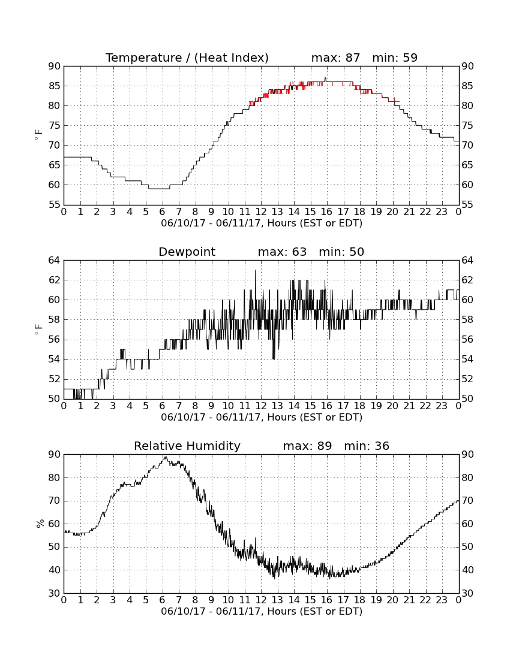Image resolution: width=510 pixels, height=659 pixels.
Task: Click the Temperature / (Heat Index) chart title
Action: coord(187,58)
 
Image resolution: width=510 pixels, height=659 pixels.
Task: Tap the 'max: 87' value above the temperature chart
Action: coord(336,58)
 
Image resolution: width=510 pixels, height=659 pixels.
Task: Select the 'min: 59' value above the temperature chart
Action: coord(395,58)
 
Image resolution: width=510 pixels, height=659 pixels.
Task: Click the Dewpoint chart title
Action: coord(187,252)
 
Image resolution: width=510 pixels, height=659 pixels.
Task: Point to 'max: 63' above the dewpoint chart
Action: coord(283,252)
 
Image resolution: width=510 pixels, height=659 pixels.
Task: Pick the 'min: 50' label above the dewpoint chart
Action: coord(341,252)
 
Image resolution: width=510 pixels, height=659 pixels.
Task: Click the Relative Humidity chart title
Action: coord(187,446)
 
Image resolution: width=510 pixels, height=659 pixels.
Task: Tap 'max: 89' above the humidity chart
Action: coord(308,446)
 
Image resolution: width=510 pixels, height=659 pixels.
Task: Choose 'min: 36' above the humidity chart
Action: coord(367,446)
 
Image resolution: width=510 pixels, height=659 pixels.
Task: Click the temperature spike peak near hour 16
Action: coord(325,78)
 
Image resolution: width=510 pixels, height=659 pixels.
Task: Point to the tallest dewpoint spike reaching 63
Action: coord(255,271)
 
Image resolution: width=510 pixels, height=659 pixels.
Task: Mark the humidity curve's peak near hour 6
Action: coord(166,457)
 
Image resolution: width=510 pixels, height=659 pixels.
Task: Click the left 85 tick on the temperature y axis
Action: coord(55,86)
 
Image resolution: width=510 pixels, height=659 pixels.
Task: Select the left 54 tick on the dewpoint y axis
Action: coord(55,359)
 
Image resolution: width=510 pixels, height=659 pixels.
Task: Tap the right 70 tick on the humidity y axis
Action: coord(467,501)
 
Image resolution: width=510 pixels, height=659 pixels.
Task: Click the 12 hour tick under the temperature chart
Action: coord(261,212)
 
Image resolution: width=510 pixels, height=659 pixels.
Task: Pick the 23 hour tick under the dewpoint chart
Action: coord(442,406)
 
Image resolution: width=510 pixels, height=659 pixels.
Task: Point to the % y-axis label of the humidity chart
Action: coord(40,524)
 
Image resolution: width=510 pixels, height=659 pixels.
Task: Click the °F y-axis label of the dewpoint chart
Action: coord(38,329)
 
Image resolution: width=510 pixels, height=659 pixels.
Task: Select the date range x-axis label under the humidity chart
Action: coord(262,612)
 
